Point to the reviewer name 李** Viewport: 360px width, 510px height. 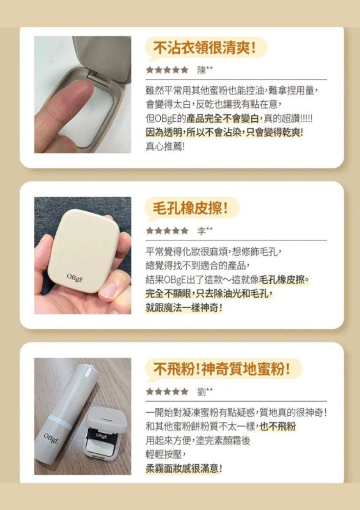pos(205,231)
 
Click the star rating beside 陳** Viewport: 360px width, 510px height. pos(167,70)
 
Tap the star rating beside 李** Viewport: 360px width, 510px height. pos(167,231)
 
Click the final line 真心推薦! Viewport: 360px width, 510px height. pos(165,147)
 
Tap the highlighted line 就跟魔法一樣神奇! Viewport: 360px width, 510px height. pos(184,308)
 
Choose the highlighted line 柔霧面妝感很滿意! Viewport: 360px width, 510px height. pos(184,469)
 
